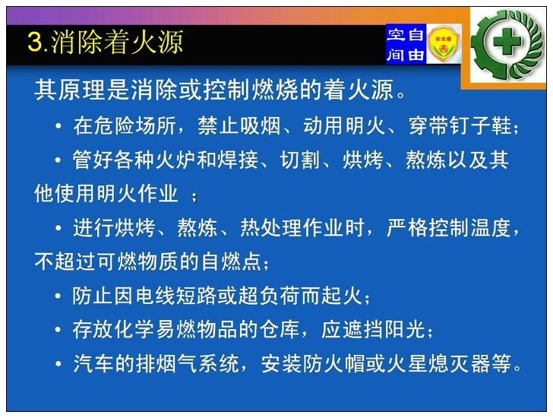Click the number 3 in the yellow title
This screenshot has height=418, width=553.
35,42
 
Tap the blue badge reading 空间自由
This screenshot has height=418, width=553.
406,44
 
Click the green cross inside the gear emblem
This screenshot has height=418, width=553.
507,42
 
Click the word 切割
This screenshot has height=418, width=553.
300,160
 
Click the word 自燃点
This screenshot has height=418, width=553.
232,261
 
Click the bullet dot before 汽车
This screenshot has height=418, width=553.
58,364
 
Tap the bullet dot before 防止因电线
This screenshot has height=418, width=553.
58,296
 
